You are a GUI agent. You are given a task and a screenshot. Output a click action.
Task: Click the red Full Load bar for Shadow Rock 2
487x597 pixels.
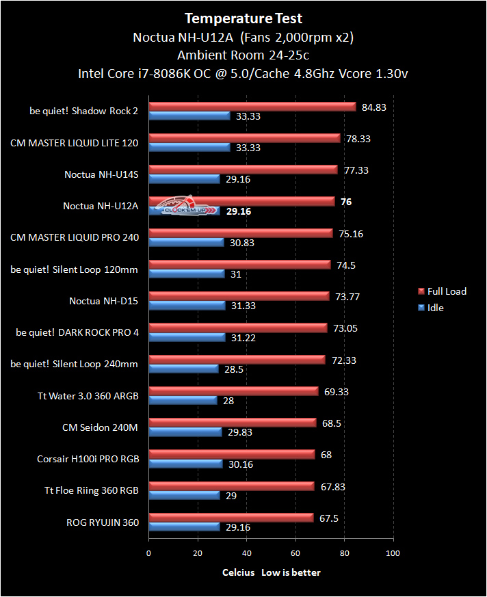click(252, 107)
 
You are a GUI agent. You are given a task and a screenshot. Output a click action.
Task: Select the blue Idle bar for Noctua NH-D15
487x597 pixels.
click(187, 306)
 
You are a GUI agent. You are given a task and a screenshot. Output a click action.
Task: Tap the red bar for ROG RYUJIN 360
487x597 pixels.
click(231, 518)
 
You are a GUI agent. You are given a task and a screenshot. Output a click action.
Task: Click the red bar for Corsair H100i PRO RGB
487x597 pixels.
click(231, 454)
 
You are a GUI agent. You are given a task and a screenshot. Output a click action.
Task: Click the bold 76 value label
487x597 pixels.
click(346, 202)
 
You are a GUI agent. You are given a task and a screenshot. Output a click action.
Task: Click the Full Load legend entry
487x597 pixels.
click(441, 291)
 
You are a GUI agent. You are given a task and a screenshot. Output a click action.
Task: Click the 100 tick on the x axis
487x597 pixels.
click(393, 553)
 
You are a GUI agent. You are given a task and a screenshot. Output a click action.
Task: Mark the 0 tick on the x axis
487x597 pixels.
click(148, 553)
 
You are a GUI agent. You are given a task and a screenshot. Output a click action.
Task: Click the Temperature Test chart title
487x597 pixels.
click(243, 18)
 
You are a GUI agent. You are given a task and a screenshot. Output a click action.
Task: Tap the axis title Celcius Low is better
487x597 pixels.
click(271, 572)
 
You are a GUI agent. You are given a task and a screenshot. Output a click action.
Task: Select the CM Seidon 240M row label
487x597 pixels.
click(100, 427)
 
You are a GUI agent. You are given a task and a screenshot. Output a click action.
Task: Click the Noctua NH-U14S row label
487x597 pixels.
click(101, 174)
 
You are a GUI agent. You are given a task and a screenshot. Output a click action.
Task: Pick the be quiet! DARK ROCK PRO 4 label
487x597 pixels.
click(77, 333)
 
